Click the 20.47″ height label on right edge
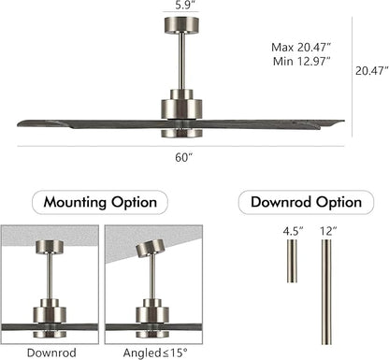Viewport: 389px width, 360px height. pos(369,68)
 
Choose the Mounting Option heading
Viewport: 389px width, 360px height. pos(100,201)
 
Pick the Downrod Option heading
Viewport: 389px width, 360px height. pos(299,201)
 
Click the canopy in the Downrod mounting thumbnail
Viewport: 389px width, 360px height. pos(48,247)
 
